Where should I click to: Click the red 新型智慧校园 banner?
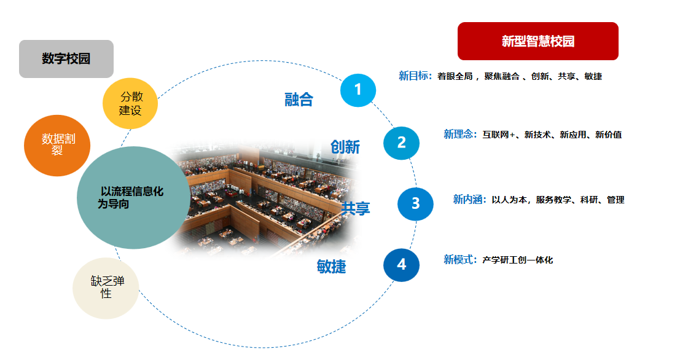[x=537, y=41]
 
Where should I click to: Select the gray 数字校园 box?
[x=66, y=59]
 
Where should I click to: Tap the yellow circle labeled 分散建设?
[x=130, y=103]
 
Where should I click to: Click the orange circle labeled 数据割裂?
[x=57, y=146]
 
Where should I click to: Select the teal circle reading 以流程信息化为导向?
[x=133, y=198]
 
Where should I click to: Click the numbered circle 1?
[x=358, y=90]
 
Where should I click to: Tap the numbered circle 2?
[x=401, y=143]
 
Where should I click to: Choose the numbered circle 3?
[x=415, y=204]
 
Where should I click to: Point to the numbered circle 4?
[x=401, y=265]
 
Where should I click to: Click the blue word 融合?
[x=299, y=100]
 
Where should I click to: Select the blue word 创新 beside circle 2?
[x=345, y=147]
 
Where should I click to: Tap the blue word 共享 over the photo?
[x=356, y=209]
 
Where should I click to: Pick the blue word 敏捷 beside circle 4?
[x=331, y=266]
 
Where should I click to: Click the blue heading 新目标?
[x=415, y=76]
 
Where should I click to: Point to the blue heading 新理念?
[x=460, y=135]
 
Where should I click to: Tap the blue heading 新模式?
[x=460, y=260]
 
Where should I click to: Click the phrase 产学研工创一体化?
[x=518, y=260]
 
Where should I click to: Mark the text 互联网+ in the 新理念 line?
[x=499, y=135]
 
